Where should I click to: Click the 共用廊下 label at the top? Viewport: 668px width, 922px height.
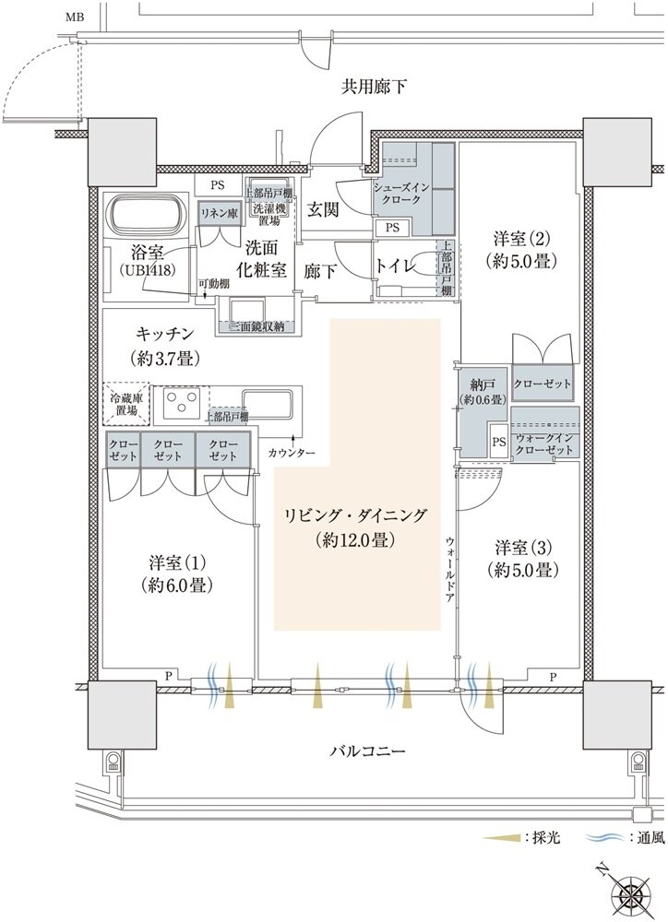[374, 88]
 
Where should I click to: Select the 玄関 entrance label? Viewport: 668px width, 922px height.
[322, 210]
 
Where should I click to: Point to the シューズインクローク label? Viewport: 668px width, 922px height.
[398, 193]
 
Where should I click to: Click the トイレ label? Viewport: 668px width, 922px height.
[399, 266]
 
